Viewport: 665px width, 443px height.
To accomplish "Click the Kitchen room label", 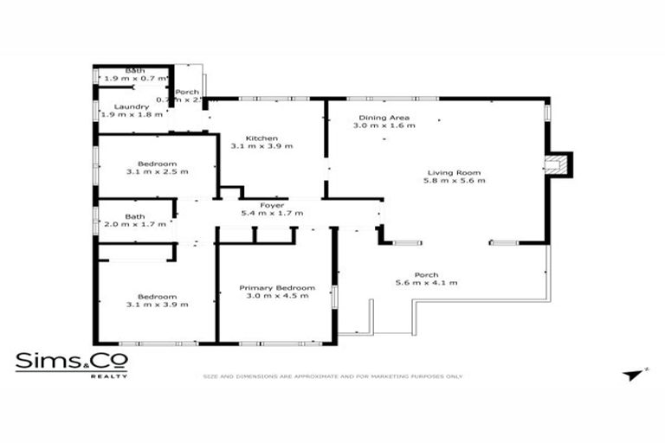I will point(261,138).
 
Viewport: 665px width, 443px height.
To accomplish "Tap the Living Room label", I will point(454,172).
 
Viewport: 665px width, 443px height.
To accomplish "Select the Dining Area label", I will point(384,118).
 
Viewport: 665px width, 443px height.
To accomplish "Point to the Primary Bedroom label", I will point(277,287).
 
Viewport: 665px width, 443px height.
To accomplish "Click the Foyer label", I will point(272,204).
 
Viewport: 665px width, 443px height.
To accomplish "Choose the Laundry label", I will point(132,106).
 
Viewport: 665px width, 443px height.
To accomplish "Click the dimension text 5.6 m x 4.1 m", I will point(426,283).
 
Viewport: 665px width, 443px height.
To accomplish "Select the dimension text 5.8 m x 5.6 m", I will point(454,181).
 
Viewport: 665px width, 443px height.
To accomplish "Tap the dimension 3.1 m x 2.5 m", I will point(157,171).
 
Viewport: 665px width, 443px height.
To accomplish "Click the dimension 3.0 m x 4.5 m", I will point(277,296).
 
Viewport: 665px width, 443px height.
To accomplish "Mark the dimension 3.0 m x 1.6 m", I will point(384,125).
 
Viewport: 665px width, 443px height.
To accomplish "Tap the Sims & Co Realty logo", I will point(72,363).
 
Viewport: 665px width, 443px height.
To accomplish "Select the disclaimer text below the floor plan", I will point(332,376).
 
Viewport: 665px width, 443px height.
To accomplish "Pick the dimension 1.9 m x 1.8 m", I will point(132,114).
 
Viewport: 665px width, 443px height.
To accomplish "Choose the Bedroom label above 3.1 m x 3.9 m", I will point(157,296).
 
